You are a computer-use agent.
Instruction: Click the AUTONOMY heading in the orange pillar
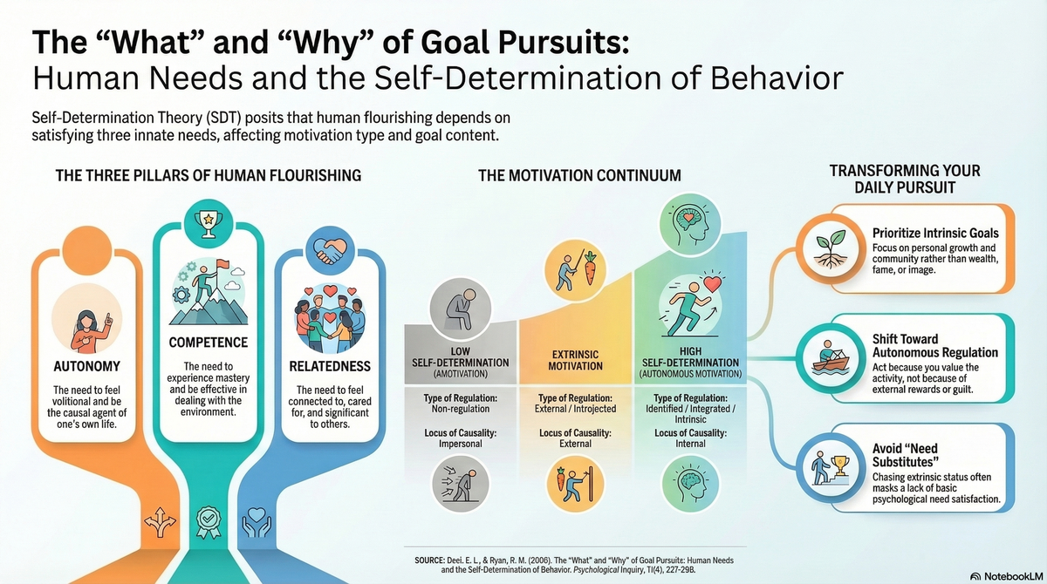(x=86, y=366)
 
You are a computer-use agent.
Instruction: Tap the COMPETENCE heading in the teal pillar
(x=209, y=343)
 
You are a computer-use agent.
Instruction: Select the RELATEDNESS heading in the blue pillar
(x=329, y=366)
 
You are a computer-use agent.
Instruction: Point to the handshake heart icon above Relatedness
(x=329, y=250)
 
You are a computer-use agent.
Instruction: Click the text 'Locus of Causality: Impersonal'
(x=462, y=437)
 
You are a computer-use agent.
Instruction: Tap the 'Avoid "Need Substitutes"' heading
(x=907, y=454)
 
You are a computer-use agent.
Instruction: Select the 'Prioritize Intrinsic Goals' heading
(x=935, y=233)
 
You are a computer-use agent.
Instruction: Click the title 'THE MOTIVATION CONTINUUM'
(x=579, y=175)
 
